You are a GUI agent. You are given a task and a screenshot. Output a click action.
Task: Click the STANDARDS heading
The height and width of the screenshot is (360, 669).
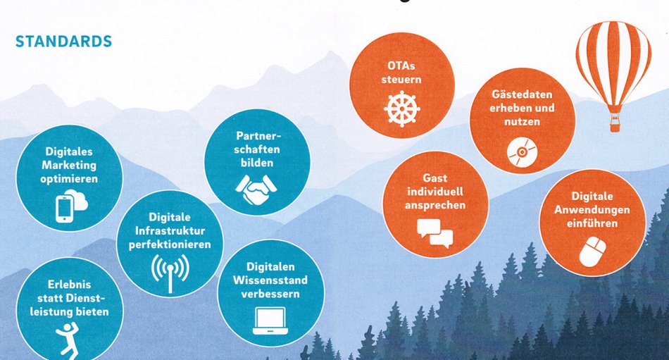pos(63,42)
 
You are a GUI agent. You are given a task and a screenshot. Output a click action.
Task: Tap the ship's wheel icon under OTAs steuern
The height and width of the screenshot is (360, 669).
pos(401,108)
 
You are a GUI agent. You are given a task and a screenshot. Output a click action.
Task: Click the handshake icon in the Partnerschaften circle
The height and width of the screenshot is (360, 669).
pos(256,188)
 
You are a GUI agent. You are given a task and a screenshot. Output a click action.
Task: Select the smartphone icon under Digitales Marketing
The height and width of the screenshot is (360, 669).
pos(64,209)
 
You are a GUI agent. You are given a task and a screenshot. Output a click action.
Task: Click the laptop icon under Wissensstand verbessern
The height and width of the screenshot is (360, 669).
pos(270,321)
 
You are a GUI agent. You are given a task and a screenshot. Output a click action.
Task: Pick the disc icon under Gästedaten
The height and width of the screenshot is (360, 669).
pos(522,152)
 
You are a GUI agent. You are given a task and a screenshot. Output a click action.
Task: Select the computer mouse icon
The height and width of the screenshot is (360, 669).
pos(592,252)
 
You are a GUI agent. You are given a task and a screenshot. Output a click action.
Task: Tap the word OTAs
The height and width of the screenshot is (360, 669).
pos(401,66)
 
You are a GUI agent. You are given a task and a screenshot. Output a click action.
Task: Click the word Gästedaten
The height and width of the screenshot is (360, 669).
pos(522,94)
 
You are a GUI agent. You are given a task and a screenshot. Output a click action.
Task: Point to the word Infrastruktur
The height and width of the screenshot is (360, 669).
pos(170,231)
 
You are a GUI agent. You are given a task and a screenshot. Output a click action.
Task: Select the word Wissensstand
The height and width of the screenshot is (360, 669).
pos(270,280)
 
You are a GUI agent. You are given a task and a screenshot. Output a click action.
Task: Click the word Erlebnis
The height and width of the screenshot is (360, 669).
pos(69,285)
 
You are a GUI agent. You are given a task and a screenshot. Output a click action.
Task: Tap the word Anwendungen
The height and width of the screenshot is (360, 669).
pos(592,210)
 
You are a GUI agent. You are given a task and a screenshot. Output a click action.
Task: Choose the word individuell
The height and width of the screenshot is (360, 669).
pos(434,192)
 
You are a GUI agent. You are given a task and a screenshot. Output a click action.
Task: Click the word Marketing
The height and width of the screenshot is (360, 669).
pos(69,166)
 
